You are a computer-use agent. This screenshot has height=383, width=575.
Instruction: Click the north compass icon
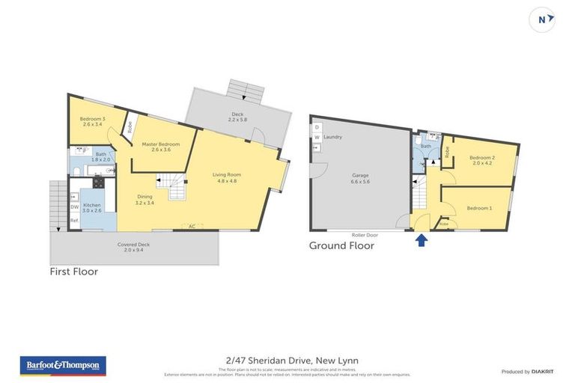pyautogui.click(x=542, y=19)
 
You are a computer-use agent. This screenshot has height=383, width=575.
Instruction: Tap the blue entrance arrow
pyautogui.click(x=422, y=239)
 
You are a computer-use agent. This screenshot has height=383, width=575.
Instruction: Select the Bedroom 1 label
pyautogui.click(x=480, y=208)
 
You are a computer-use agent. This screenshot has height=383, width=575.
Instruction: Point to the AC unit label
pyautogui.click(x=192, y=226)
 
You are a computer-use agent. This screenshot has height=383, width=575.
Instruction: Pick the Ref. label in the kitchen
pyautogui.click(x=75, y=221)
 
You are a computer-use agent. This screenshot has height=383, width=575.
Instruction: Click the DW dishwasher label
pyautogui.click(x=75, y=207)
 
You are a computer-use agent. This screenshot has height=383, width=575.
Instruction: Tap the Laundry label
pyautogui.click(x=333, y=137)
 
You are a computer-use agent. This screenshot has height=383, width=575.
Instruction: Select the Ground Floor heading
pyautogui.click(x=342, y=245)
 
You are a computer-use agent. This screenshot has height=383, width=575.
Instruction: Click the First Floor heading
pyautogui.click(x=74, y=272)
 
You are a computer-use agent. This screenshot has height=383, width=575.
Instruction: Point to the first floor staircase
pyautogui.click(x=174, y=188)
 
